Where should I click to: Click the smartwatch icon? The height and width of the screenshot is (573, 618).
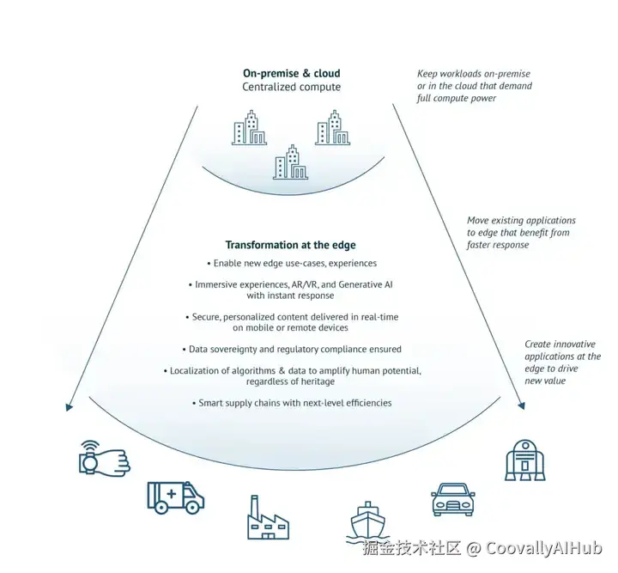pos(103,459)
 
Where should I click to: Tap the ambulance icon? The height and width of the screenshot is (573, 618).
pos(175,497)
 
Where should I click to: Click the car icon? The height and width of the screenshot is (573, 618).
pos(451,498)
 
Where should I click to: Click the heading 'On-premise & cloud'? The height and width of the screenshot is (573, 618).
pos(291,73)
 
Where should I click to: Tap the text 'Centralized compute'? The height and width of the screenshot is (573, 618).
pos(291,87)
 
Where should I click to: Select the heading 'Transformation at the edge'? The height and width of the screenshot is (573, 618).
pos(290,245)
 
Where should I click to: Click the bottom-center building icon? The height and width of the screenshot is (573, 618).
pos(290,162)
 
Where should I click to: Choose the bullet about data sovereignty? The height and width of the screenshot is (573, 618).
pos(292,350)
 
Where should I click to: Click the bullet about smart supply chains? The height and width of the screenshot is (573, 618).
pos(292,403)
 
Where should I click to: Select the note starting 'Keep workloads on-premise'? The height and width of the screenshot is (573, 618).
pos(474,86)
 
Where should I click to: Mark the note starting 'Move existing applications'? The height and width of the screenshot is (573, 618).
pos(521,232)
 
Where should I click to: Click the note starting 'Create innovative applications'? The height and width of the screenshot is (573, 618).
pos(562,362)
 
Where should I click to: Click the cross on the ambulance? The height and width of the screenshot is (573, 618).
pos(171,494)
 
